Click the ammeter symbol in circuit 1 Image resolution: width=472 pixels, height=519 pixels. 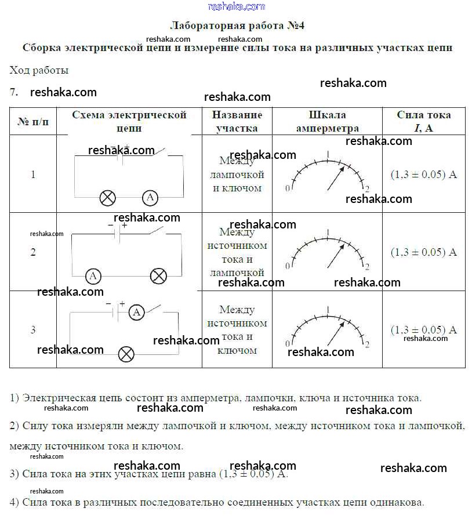150,198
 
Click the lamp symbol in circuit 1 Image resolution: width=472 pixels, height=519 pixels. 107,198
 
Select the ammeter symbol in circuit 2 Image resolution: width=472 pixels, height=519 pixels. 93,276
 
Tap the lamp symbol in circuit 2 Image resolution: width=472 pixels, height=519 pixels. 158,276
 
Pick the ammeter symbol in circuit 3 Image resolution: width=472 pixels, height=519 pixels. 136,313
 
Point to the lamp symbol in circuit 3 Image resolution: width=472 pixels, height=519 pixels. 126,354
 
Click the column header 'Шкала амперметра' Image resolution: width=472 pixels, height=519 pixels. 327,121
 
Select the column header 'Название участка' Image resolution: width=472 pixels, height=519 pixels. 237,121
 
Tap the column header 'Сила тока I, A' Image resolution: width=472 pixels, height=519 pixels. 423,121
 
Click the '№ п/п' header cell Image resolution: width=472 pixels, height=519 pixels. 33,122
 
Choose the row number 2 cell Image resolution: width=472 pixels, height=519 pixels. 33,252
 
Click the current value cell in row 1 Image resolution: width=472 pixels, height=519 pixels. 423,174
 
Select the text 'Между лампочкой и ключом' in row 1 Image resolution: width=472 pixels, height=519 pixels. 237,174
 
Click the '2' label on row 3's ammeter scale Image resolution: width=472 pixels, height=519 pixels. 367,344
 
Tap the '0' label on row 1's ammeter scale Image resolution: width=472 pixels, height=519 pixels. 288,188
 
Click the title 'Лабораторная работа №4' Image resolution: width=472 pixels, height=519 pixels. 237,26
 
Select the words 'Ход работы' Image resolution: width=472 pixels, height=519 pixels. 39,70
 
